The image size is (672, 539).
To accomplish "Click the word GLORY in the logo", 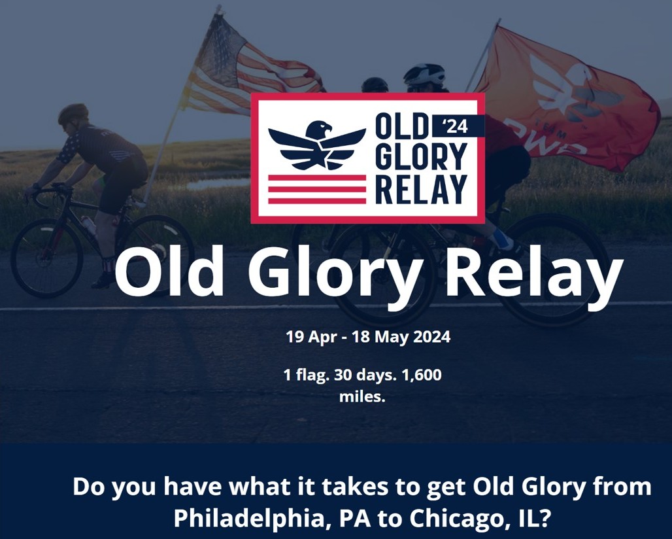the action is (421, 157).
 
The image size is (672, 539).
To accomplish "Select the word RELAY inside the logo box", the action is (421, 189).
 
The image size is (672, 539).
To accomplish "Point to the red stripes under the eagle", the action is (317, 189).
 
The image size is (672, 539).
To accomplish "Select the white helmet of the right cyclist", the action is (424, 74).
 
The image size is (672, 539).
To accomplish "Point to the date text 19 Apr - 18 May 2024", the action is (368, 337).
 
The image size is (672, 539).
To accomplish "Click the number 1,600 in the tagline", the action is (422, 375).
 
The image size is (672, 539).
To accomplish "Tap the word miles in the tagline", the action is (362, 397).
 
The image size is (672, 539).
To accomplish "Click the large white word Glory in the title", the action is (333, 273).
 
